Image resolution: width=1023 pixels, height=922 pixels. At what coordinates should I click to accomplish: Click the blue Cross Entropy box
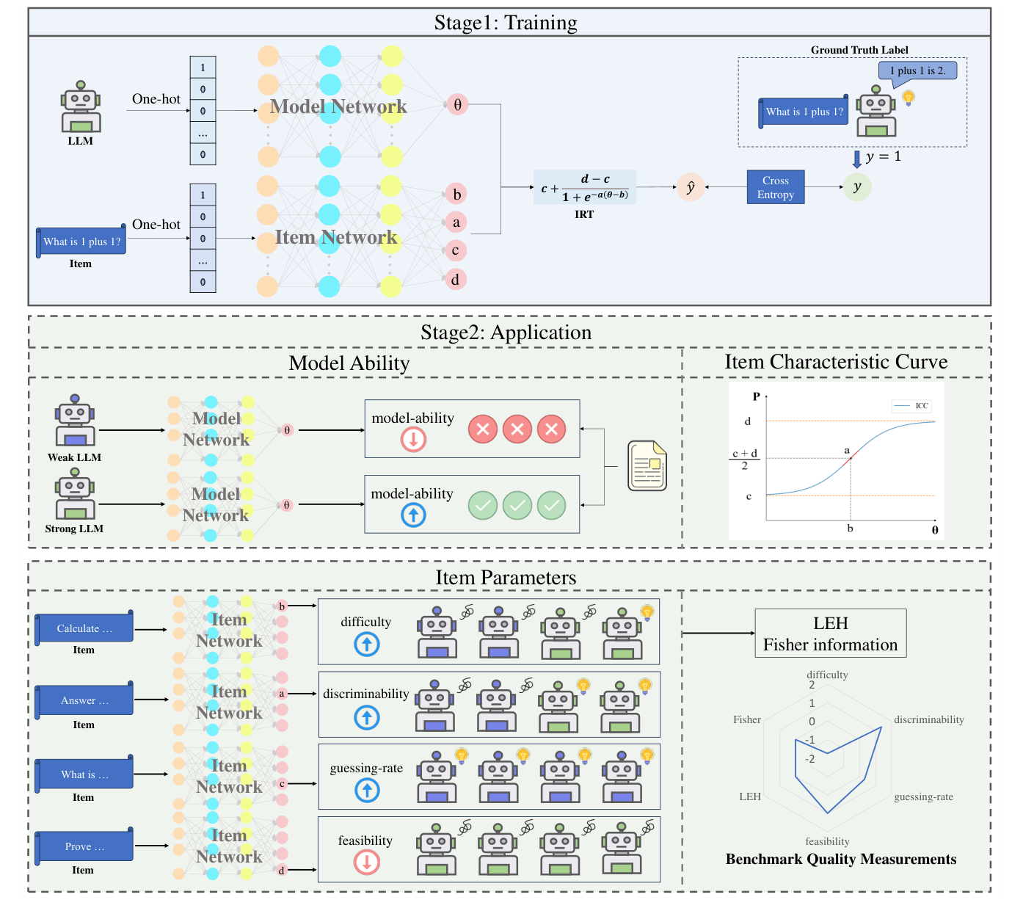(x=775, y=187)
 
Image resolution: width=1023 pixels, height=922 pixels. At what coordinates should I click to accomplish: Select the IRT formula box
(x=584, y=188)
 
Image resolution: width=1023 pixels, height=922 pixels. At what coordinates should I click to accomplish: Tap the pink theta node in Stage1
(x=457, y=104)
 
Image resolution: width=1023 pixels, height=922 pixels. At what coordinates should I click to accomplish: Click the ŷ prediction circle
(x=690, y=187)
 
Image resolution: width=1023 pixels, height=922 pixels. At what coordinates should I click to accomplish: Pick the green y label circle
(x=856, y=186)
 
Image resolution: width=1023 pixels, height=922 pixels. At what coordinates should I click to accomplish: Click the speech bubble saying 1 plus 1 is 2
(x=917, y=71)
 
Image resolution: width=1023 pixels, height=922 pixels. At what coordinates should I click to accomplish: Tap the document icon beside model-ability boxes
(x=647, y=465)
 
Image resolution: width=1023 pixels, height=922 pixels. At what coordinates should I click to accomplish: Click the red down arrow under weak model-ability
(x=413, y=440)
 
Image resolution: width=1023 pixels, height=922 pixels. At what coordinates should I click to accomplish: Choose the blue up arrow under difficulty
(x=367, y=645)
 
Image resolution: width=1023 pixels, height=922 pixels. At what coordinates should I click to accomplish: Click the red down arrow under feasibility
(x=367, y=862)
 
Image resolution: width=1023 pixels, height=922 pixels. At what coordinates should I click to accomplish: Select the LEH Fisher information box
(x=830, y=634)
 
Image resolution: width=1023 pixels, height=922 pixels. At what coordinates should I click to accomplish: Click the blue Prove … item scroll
(x=84, y=846)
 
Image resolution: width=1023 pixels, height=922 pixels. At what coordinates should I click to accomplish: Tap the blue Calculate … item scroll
(x=84, y=628)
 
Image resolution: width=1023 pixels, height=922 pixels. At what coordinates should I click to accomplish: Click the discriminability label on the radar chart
(x=928, y=719)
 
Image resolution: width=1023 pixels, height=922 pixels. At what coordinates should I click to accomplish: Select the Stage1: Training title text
(x=506, y=23)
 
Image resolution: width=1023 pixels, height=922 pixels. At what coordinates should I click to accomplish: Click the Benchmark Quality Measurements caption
(x=841, y=859)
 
